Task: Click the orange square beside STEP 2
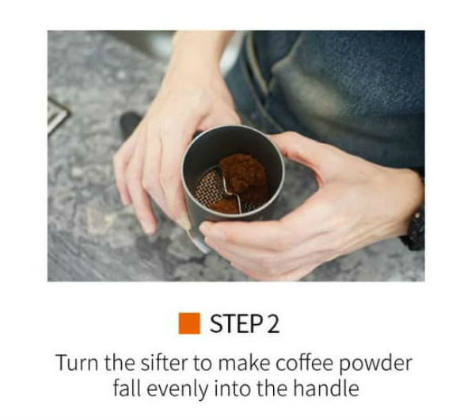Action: pyautogui.click(x=189, y=323)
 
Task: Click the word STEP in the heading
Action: pyautogui.click(x=236, y=323)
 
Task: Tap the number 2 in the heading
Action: pyautogui.click(x=273, y=323)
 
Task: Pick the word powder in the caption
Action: pyautogui.click(x=375, y=364)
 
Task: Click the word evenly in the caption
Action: pyautogui.click(x=178, y=389)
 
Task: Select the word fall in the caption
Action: pyautogui.click(x=127, y=388)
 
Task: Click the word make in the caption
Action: pyautogui.click(x=244, y=362)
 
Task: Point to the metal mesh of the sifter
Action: pyautogui.click(x=208, y=188)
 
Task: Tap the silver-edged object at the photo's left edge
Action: pyautogui.click(x=58, y=115)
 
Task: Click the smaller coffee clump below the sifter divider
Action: pyautogui.click(x=223, y=205)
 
